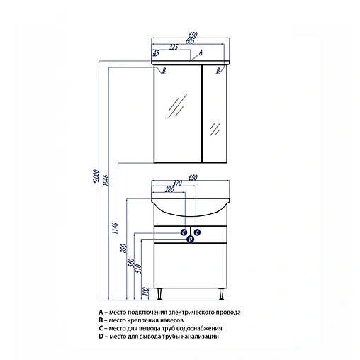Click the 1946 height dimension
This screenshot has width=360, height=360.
tap(106, 180)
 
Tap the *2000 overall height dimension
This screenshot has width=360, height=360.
tap(96, 176)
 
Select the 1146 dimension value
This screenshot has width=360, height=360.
tap(116, 228)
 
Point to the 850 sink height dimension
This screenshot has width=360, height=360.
tap(125, 248)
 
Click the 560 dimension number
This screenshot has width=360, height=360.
tap(131, 263)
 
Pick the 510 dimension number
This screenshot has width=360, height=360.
tap(139, 269)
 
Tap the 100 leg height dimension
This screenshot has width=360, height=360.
tap(146, 292)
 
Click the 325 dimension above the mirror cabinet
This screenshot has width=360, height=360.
tap(173, 47)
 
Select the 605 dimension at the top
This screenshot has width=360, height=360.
tap(190, 41)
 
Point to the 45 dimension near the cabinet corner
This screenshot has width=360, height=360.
tap(156, 53)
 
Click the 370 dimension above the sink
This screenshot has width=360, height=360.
tap(177, 183)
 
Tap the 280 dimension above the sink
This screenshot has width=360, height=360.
tap(169, 189)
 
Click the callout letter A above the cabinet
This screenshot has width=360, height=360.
tap(201, 52)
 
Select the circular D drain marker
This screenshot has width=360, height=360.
tap(191, 240)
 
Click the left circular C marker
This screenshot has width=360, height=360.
tap(184, 232)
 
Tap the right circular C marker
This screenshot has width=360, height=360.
tap(197, 232)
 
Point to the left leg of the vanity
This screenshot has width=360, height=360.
tap(159, 294)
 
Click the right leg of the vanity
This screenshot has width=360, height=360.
tap(221, 294)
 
